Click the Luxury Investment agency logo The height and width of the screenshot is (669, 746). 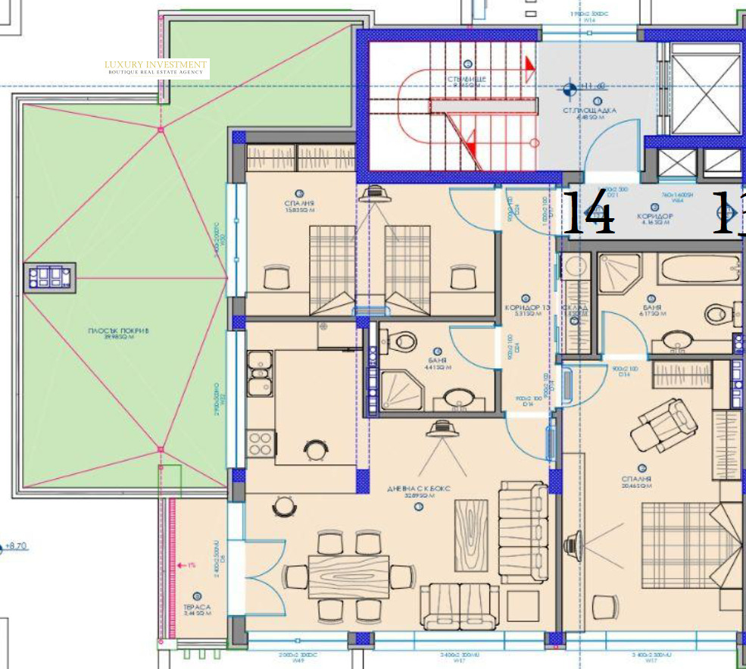tap(156, 67)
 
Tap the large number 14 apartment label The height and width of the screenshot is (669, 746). tap(588, 213)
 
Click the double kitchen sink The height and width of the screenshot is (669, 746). tap(261, 376)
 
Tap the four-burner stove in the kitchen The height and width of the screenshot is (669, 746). tap(261, 442)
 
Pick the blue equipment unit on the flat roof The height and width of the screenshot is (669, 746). tap(51, 277)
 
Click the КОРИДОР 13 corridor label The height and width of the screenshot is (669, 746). tap(526, 309)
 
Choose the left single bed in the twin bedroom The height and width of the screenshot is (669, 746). tap(332, 269)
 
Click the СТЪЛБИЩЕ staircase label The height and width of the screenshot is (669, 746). tap(470, 80)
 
